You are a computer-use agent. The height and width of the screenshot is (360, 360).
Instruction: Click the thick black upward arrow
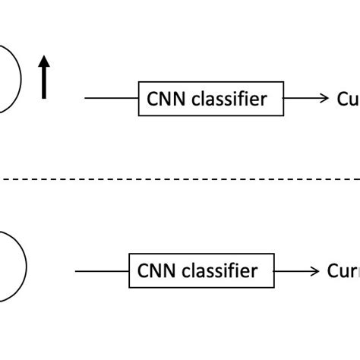(x=45, y=79)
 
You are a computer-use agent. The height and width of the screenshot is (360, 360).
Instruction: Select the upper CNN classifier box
(x=211, y=99)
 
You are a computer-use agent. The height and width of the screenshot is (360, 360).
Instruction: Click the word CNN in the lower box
(x=154, y=271)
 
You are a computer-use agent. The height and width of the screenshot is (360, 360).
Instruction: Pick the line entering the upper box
(x=111, y=99)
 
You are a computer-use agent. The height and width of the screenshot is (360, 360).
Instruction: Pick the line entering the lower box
(x=101, y=271)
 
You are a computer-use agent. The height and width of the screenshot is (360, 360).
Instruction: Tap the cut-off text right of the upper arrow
(x=348, y=99)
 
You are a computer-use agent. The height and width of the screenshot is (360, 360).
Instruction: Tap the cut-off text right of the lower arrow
(x=343, y=271)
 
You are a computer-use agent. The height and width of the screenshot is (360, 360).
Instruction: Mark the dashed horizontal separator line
(x=180, y=179)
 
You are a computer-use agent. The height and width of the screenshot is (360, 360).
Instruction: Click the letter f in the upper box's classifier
(x=247, y=98)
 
